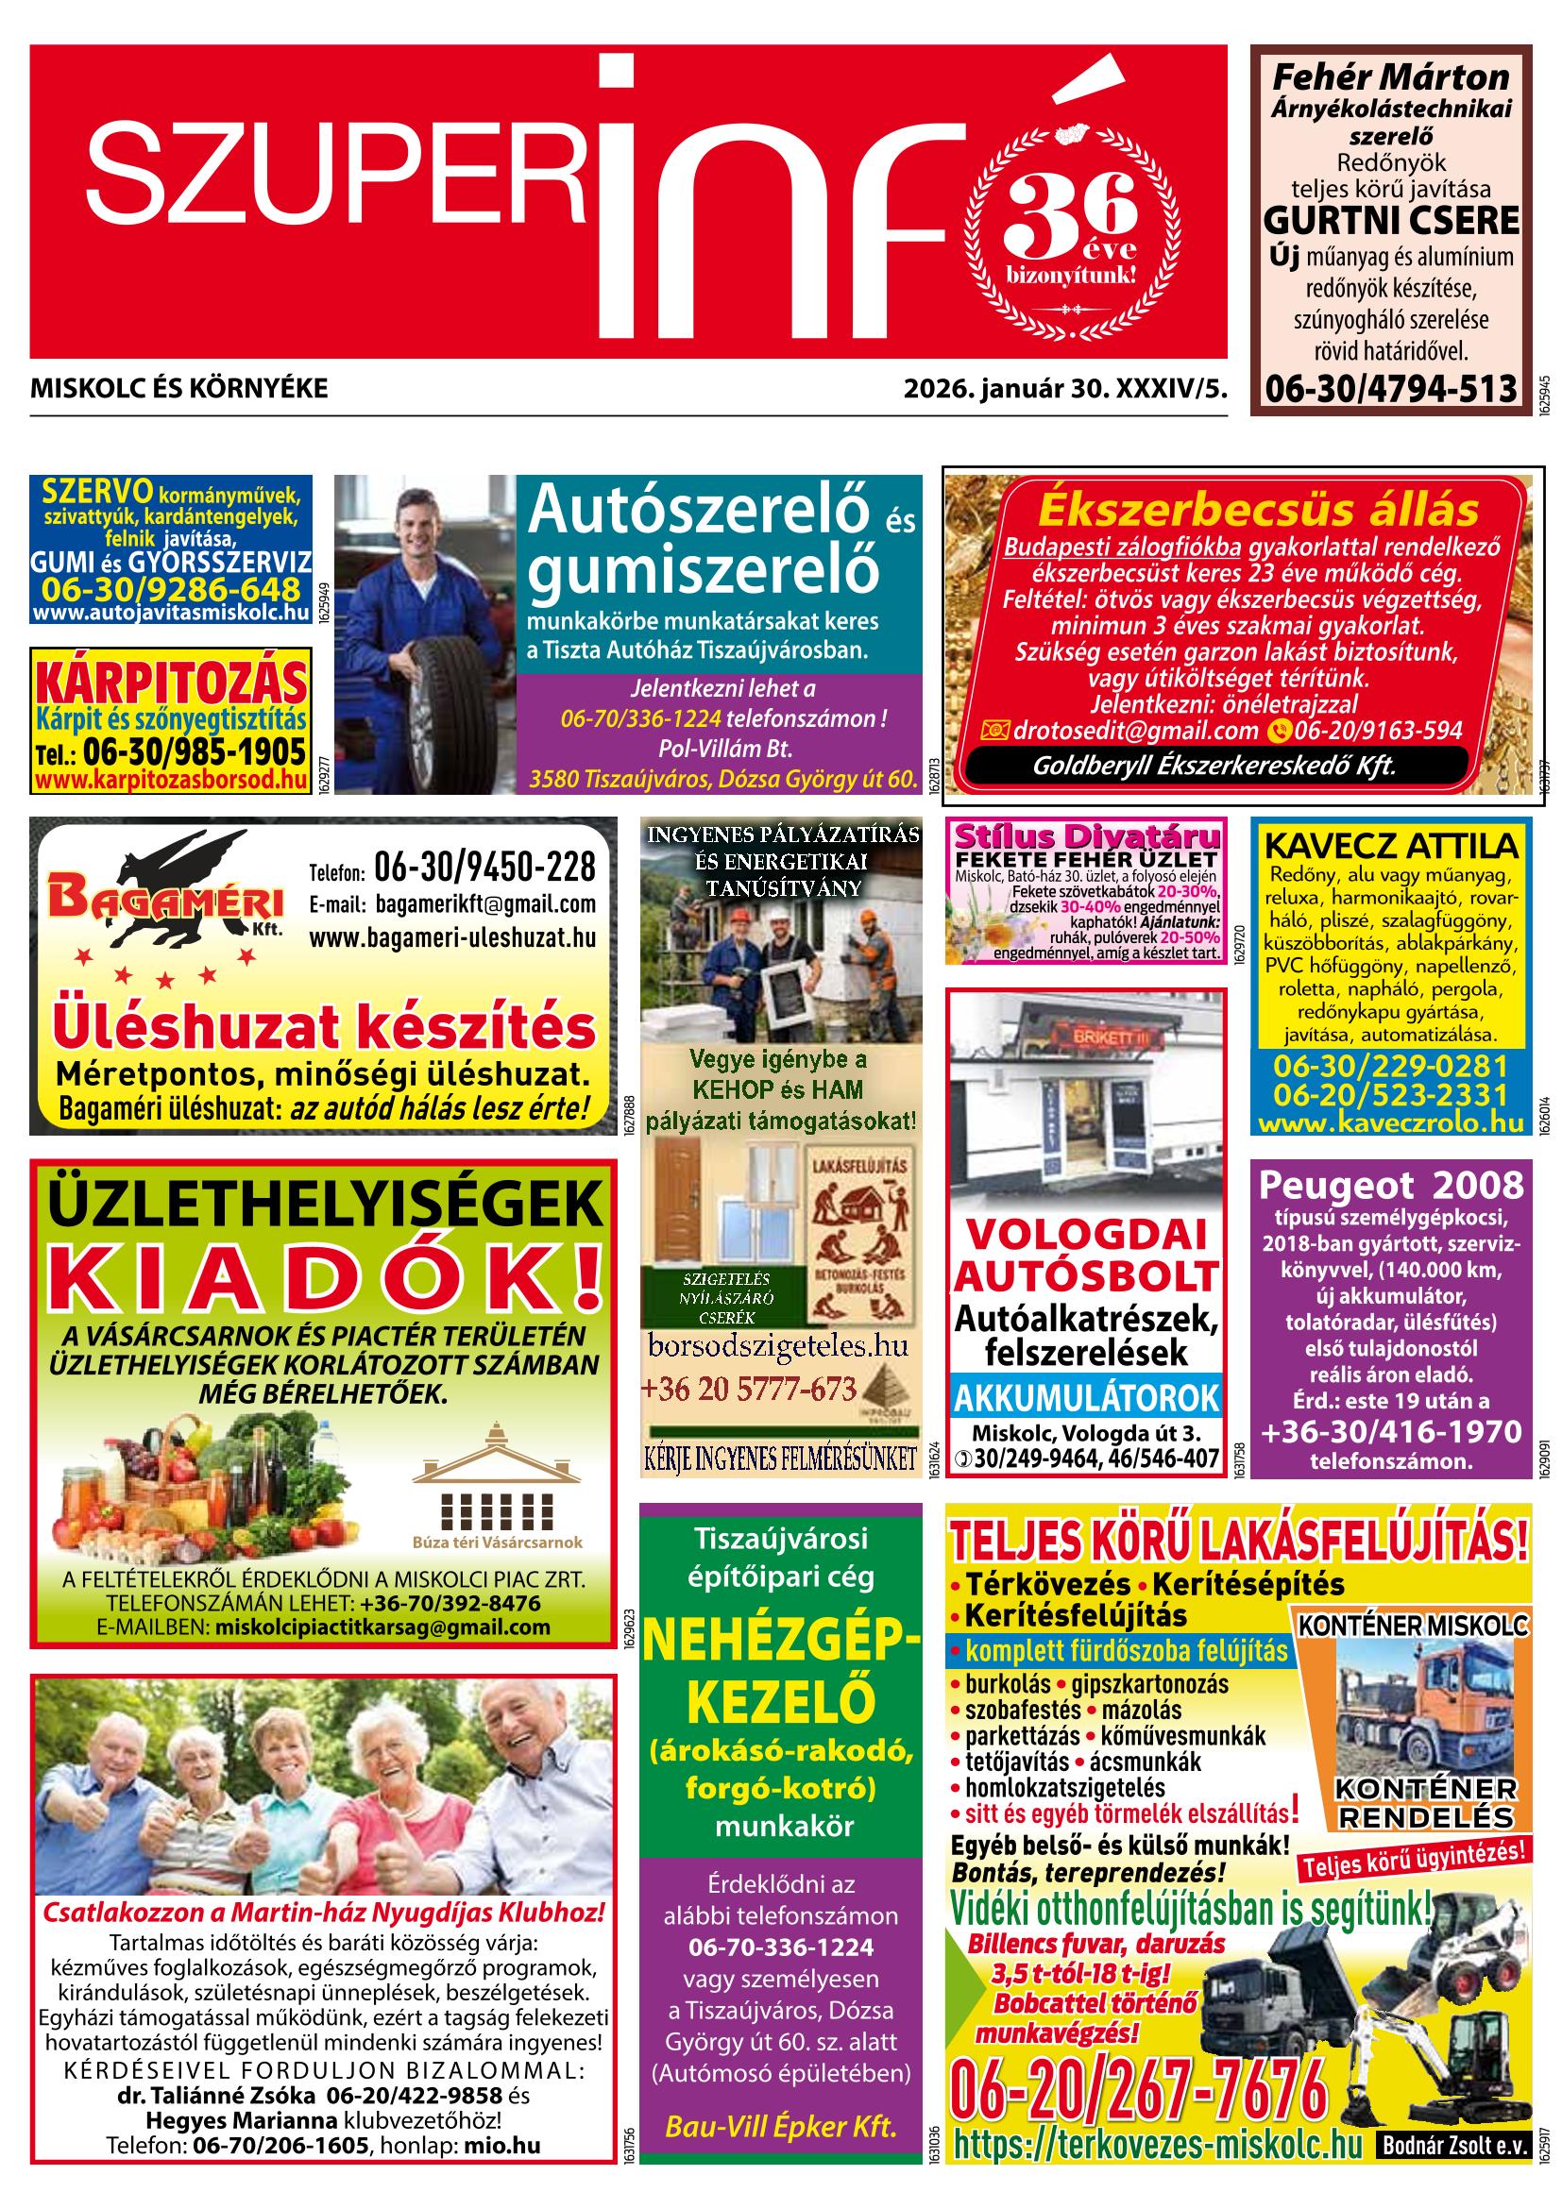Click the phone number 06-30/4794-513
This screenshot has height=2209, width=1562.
[1390, 389]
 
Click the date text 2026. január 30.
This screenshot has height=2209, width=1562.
[1005, 389]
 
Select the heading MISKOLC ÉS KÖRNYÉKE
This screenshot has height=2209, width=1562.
[179, 389]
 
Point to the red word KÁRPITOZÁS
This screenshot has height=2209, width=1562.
[170, 683]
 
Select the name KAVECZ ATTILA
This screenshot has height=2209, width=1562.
[1391, 847]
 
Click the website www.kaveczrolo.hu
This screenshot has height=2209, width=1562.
[1391, 1122]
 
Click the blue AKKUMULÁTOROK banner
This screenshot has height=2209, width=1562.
[1087, 1397]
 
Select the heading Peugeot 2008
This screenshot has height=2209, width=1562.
[1391, 1186]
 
